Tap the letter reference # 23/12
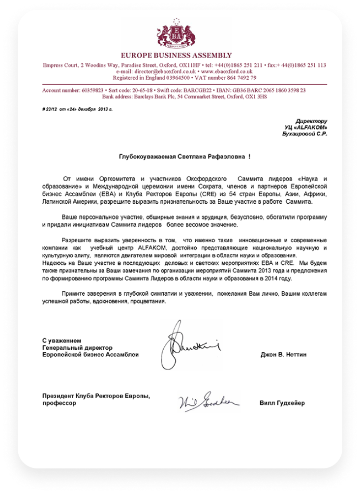(50, 109)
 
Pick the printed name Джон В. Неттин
(283, 354)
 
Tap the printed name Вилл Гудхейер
(282, 403)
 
